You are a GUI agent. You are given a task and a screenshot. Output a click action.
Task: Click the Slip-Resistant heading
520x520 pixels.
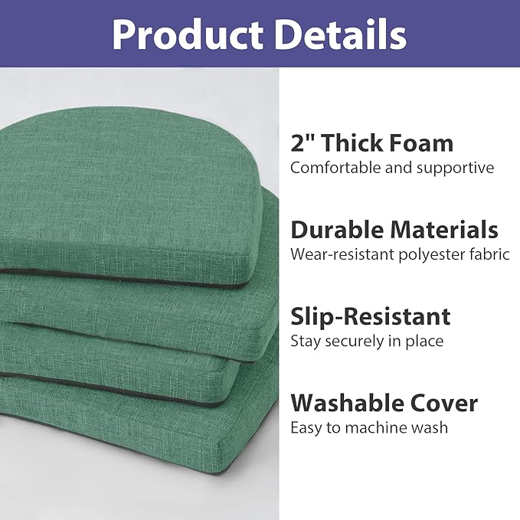point(370,316)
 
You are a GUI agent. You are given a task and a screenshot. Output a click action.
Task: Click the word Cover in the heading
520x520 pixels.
point(449,403)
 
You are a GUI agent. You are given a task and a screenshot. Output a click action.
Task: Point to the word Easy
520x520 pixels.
point(305,428)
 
